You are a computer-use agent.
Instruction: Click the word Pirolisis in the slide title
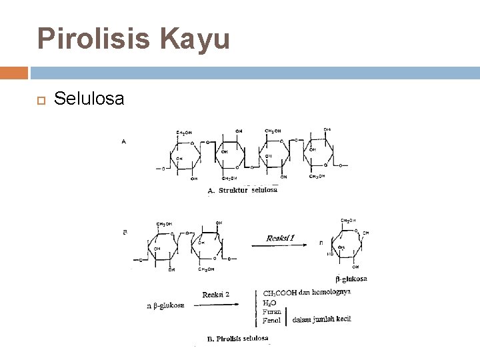tap(95, 39)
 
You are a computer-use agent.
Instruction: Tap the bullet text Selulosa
tap(89, 99)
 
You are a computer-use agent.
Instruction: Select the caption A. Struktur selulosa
tap(242, 190)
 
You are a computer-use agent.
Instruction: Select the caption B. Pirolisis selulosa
tap(237, 339)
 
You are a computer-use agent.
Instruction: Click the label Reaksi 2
tap(216, 293)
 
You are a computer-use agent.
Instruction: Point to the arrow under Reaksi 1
tap(277, 247)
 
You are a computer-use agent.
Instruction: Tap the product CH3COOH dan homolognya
tap(307, 292)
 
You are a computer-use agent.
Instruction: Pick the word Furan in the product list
tap(272, 311)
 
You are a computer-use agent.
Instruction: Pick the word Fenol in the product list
tap(271, 320)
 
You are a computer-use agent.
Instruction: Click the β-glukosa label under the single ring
tap(351, 279)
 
